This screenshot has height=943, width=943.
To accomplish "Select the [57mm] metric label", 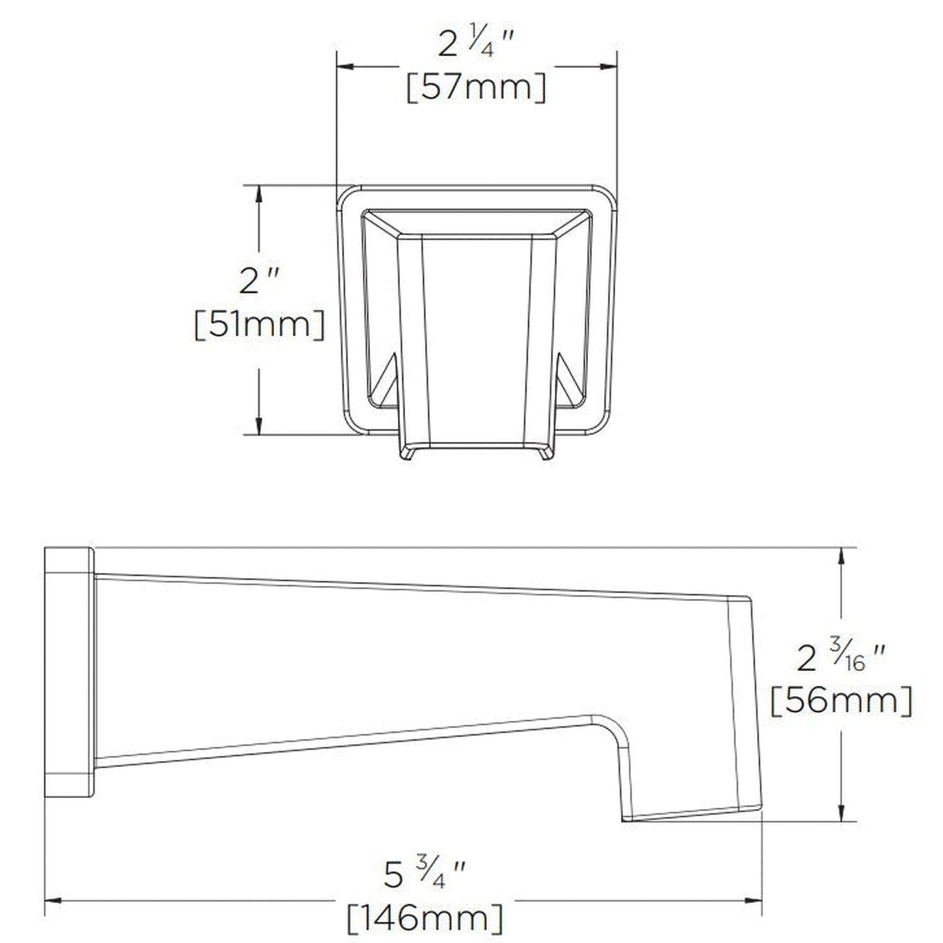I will [x=476, y=87].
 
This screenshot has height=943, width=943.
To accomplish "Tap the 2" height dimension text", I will [x=259, y=282].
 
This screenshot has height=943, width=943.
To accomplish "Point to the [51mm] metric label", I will [x=259, y=324].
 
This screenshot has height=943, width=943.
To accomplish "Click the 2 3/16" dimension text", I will [x=841, y=659].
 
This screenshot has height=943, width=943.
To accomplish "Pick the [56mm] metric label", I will [x=841, y=702].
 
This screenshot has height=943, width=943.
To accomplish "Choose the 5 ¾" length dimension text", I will [x=424, y=874].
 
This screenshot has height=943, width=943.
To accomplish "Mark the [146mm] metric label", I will [x=424, y=918].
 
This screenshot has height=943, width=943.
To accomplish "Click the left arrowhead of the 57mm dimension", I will [x=345, y=66].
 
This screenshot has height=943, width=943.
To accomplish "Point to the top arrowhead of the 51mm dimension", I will [x=259, y=194].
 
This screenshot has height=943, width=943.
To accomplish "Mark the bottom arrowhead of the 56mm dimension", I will [x=843, y=812].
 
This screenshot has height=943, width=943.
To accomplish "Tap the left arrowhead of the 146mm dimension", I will [x=53, y=901].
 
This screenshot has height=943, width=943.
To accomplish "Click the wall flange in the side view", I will [x=69, y=672].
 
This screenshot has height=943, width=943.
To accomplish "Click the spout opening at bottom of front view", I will [x=476, y=450].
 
